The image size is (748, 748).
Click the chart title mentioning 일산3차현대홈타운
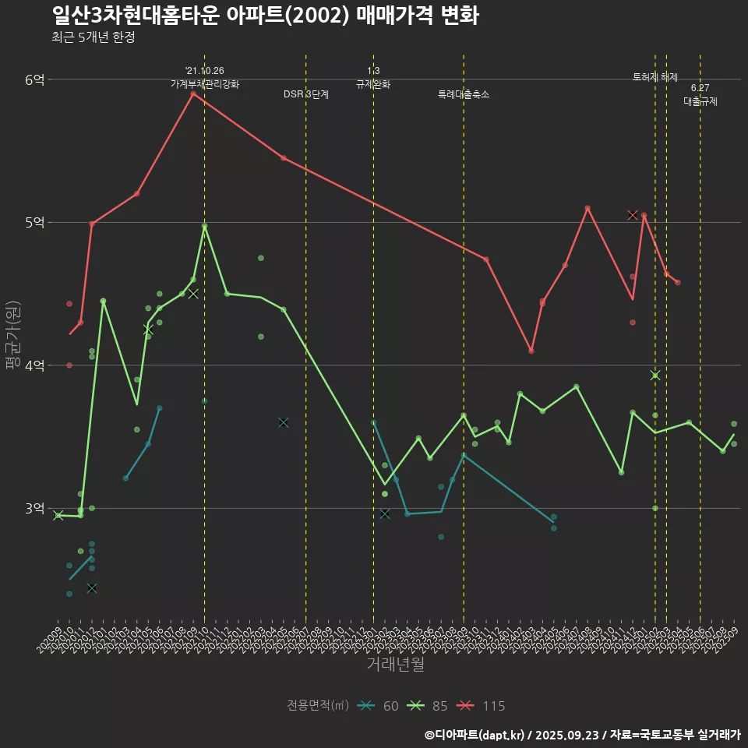click(266, 16)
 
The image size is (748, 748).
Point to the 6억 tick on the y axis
click(35, 79)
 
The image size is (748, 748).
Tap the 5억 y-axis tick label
click(35, 222)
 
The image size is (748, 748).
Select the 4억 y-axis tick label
click(35, 365)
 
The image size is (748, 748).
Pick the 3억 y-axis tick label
click(35, 508)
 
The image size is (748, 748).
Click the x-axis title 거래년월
click(395, 665)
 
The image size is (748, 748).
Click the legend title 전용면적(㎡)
click(316, 706)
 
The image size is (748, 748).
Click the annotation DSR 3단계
click(306, 94)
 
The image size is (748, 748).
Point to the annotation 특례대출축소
click(464, 94)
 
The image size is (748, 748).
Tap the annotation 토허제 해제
click(655, 77)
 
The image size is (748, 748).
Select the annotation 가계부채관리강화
click(205, 83)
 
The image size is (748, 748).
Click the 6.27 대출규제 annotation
click(700, 95)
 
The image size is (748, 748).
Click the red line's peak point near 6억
click(193, 93)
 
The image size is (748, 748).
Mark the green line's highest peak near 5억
click(204, 226)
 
